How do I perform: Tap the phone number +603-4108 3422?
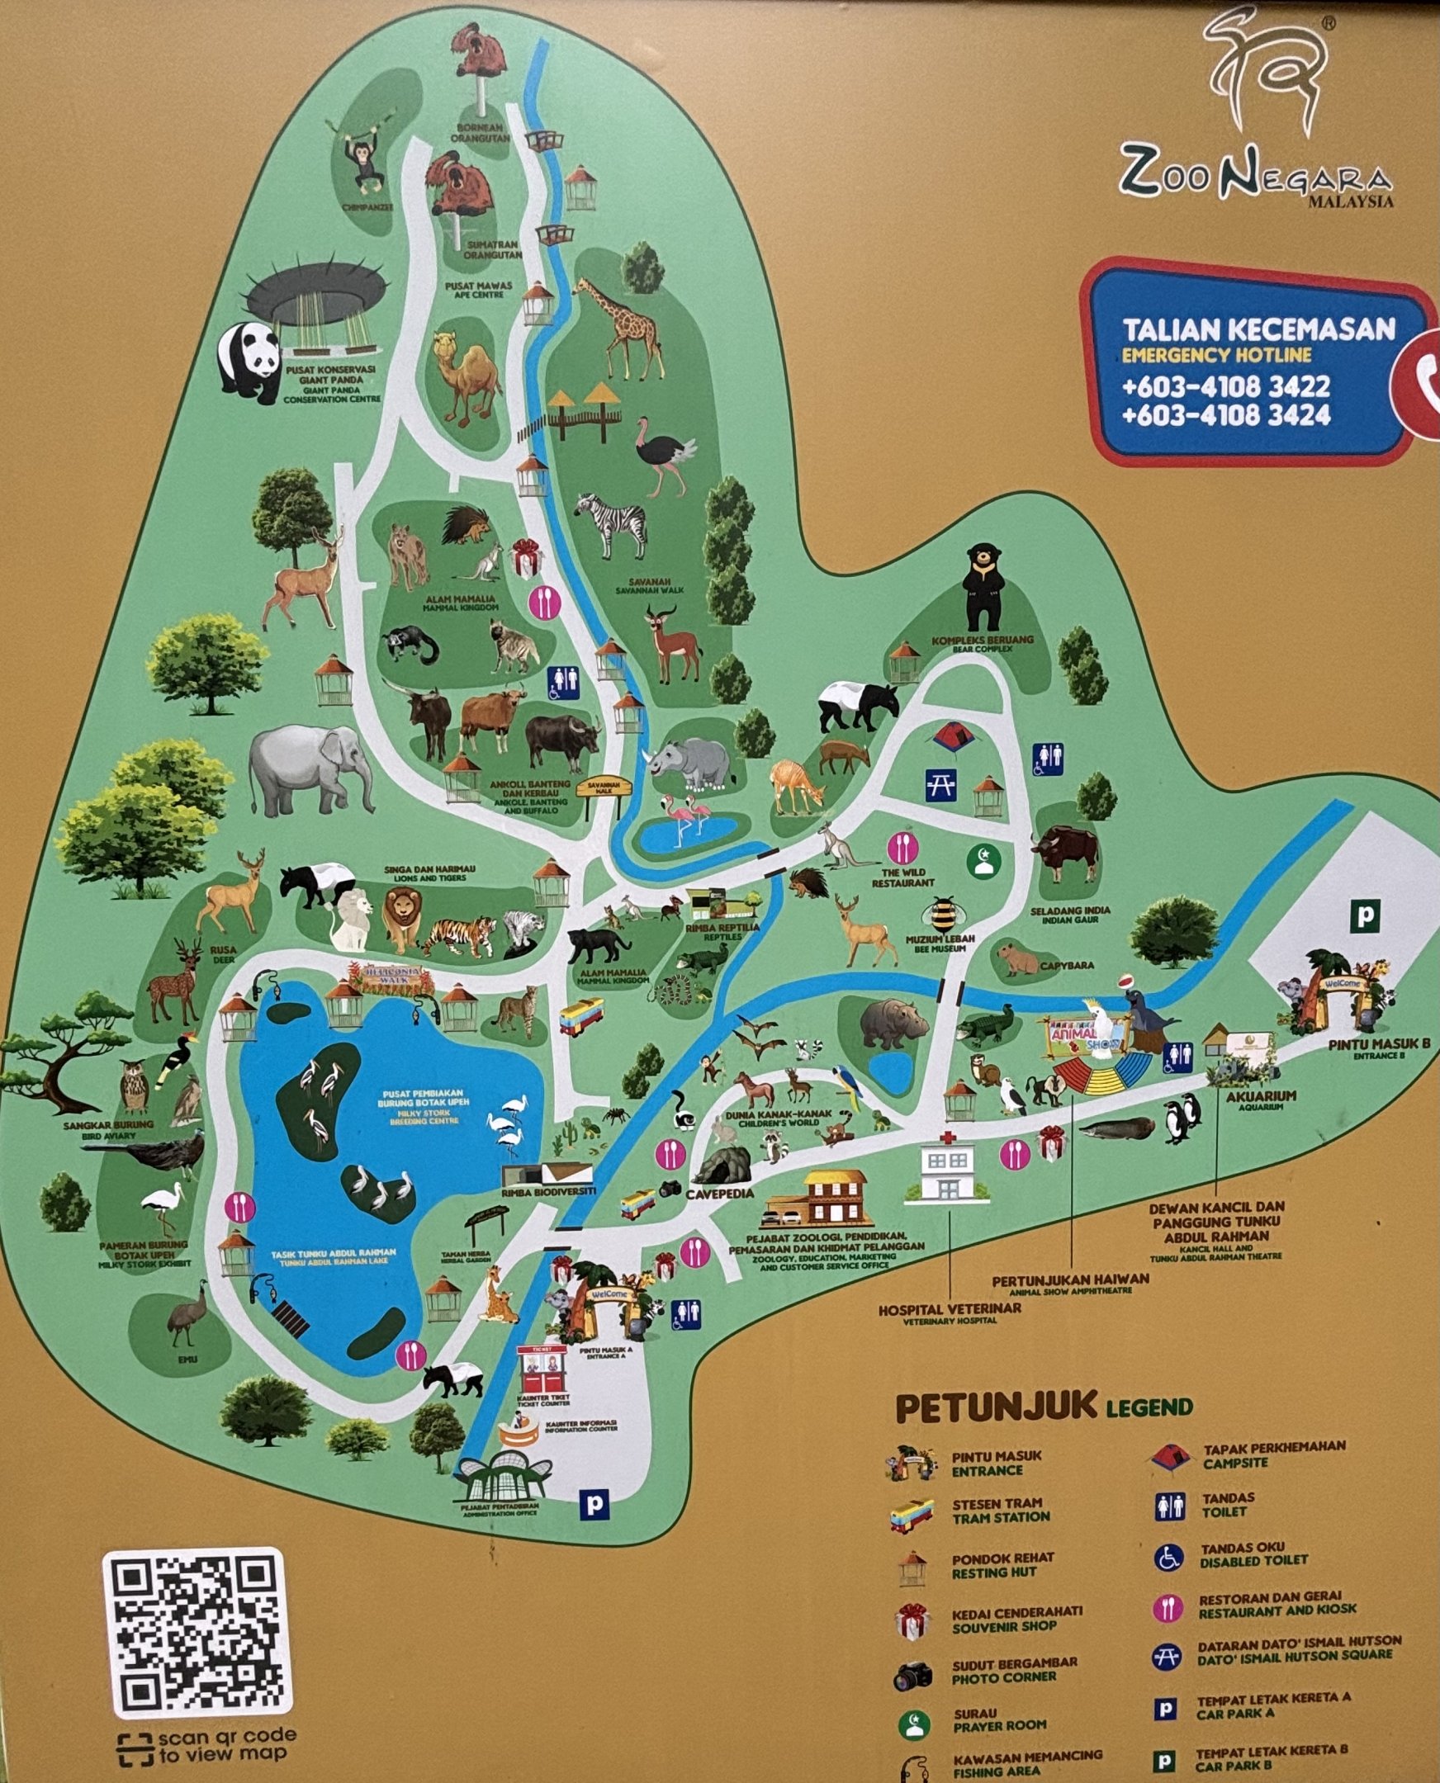pos(1225,386)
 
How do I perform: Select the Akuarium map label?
pos(1260,1096)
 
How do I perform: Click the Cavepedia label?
pos(719,1194)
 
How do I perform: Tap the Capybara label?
pos(1066,966)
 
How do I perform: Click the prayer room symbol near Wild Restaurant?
pos(983,860)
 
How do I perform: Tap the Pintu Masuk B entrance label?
pos(1379,1045)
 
